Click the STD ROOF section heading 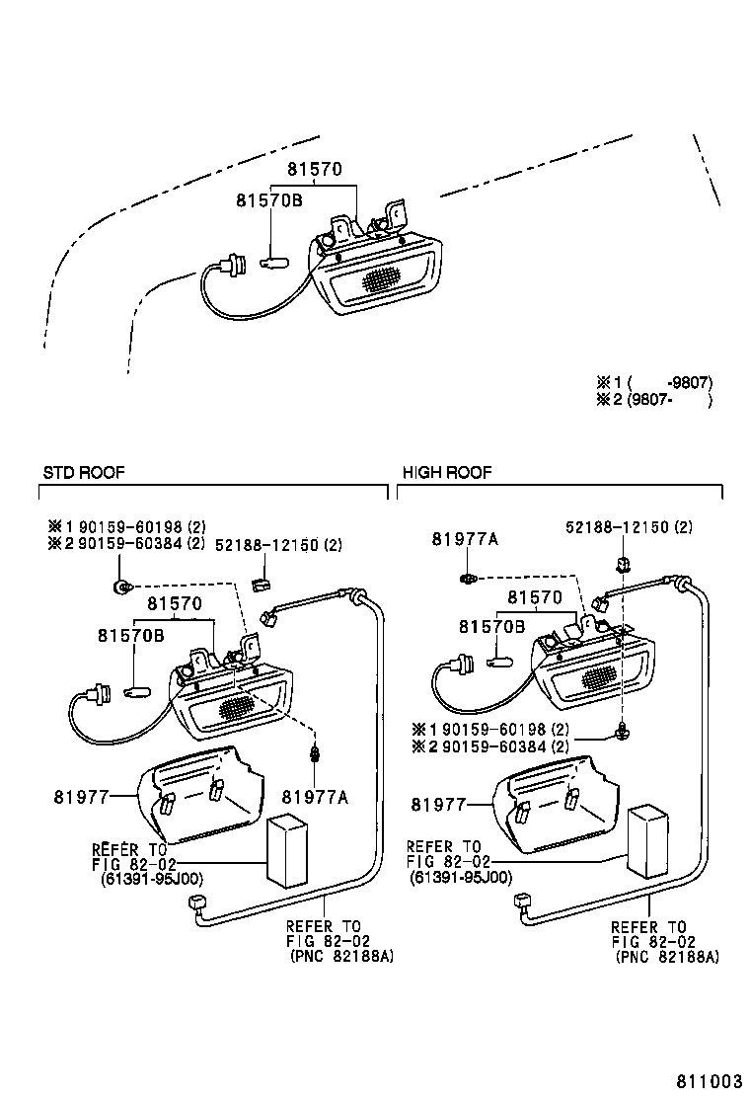(84, 473)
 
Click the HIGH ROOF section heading (446, 473)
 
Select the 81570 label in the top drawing (315, 170)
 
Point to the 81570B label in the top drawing (267, 200)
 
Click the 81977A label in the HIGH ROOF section (464, 539)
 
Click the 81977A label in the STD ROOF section (315, 797)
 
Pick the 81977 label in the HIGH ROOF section (436, 805)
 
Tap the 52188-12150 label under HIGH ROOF (629, 528)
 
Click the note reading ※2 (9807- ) (653, 400)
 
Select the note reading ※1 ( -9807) (653, 383)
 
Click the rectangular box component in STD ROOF (287, 851)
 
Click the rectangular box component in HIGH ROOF (645, 839)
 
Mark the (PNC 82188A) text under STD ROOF (340, 957)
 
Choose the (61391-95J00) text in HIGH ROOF (461, 877)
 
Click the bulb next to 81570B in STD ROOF (135, 690)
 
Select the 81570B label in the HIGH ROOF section (490, 626)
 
